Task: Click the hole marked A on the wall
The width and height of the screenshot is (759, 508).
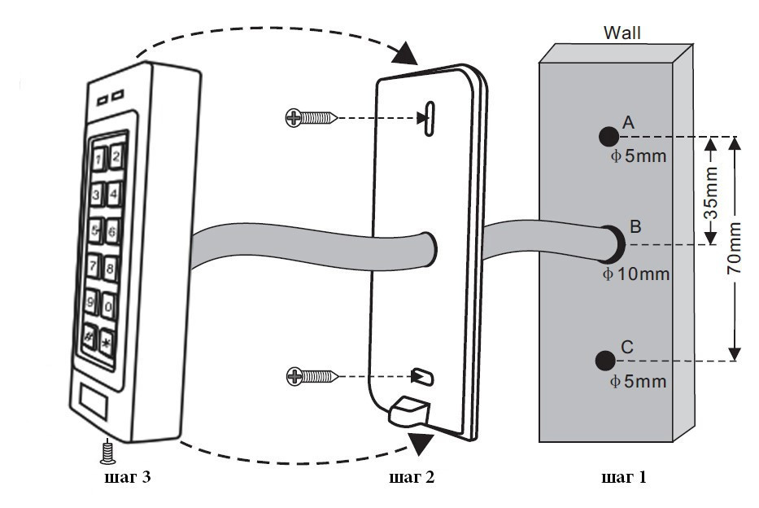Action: coord(606,136)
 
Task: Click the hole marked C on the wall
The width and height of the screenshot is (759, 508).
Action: coord(604,359)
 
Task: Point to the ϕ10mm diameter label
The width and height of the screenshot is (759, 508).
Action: coord(635,274)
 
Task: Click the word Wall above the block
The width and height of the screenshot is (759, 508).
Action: coord(622,33)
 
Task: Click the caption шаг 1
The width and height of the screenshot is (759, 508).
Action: coord(624,477)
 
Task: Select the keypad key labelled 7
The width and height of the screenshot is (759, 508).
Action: coord(94,265)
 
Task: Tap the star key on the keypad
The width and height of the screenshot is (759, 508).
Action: coord(105,339)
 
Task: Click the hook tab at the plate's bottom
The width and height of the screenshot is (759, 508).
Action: coord(408,411)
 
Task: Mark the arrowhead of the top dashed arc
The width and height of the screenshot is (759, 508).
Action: coord(403,55)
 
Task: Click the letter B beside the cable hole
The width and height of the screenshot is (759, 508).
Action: coord(636,226)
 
